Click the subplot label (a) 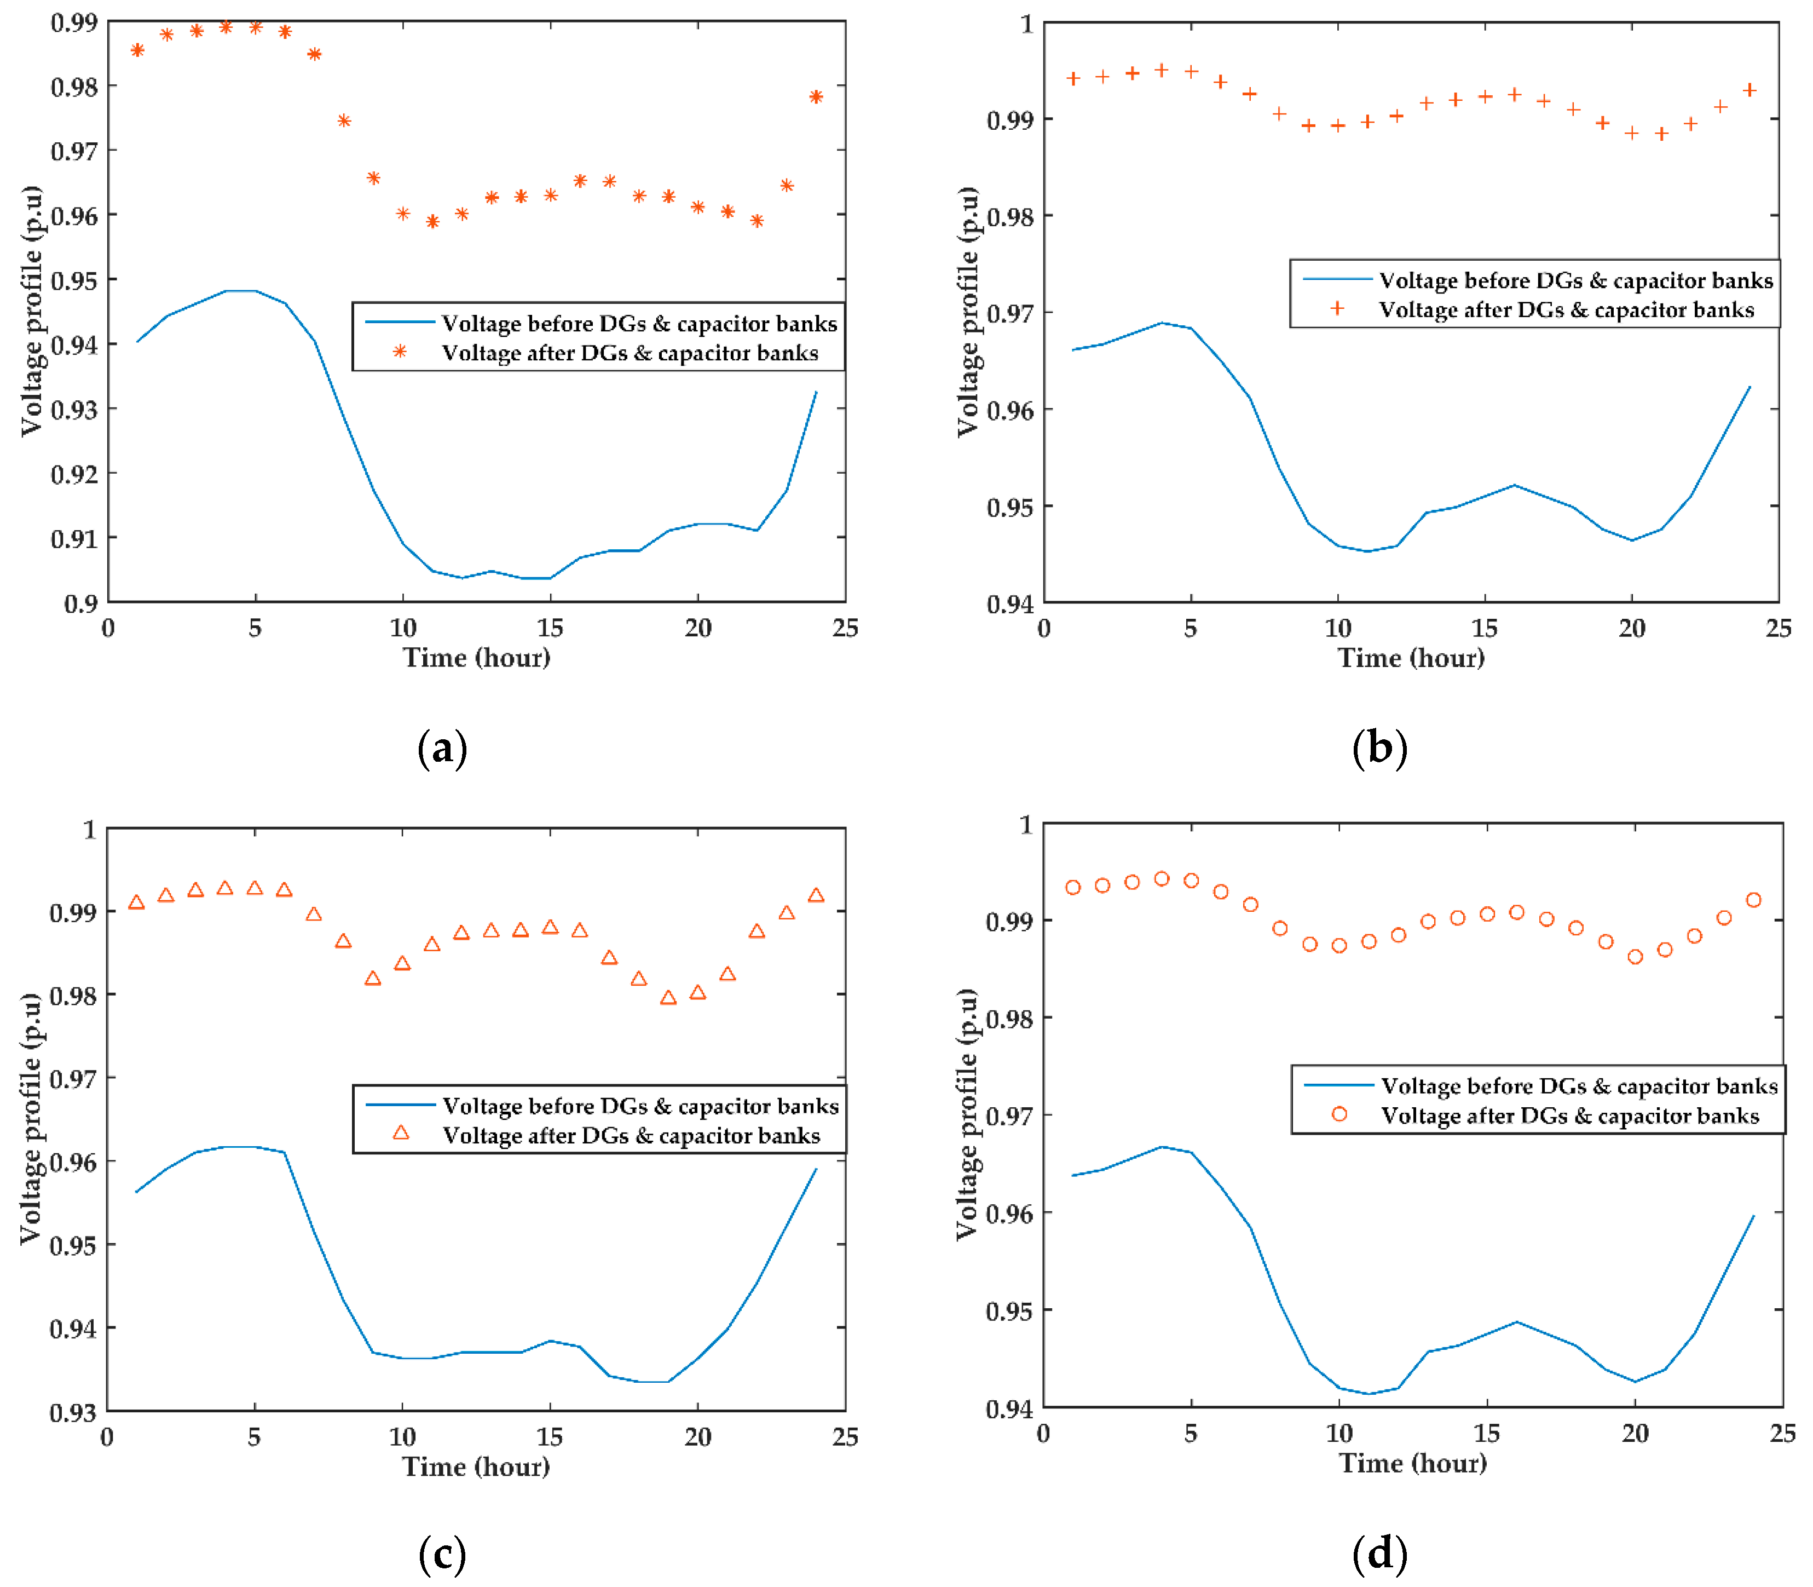tap(442, 749)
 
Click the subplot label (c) tap(442, 1554)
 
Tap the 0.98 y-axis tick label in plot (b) tap(1010, 217)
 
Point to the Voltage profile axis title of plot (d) tap(968, 1113)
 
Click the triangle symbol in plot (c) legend tap(401, 1132)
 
